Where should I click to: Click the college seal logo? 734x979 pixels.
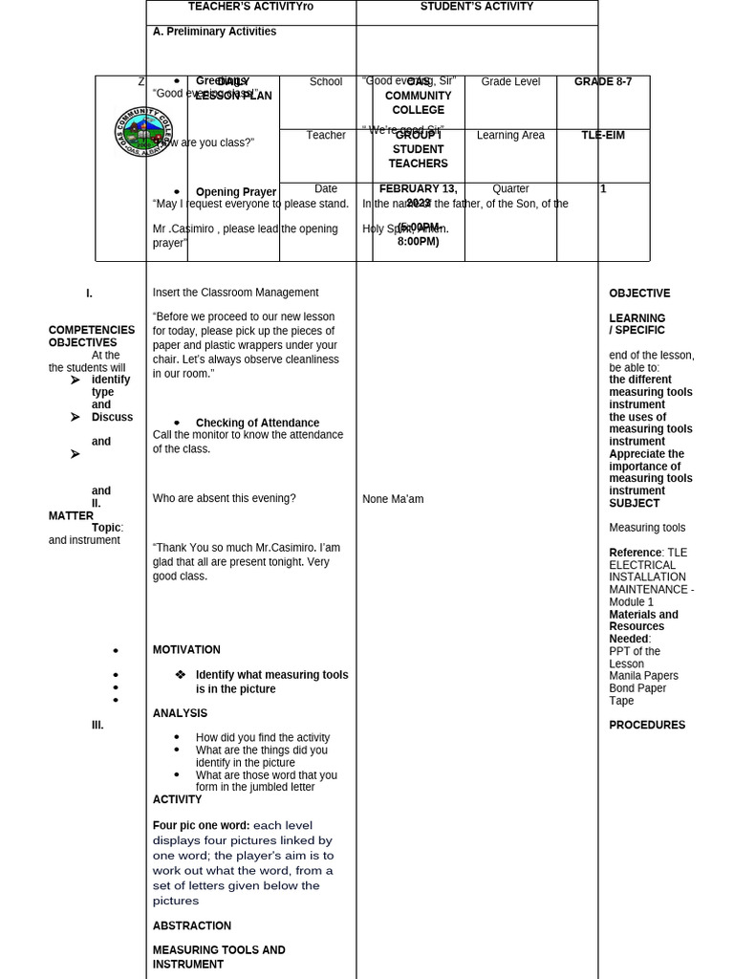pyautogui.click(x=143, y=135)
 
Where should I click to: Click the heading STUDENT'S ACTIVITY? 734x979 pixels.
pyautogui.click(x=477, y=7)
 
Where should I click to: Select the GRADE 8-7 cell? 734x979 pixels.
pyautogui.click(x=602, y=82)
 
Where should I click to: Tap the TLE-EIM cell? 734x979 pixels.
pyautogui.click(x=602, y=136)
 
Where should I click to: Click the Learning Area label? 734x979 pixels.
pyautogui.click(x=510, y=136)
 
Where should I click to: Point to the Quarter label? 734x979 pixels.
pyautogui.click(x=510, y=189)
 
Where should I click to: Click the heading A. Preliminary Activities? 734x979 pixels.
pyautogui.click(x=214, y=32)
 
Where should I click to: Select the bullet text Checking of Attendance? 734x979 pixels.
pyautogui.click(x=257, y=423)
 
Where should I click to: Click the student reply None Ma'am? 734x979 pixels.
pyautogui.click(x=392, y=499)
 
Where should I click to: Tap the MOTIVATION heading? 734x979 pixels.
pyautogui.click(x=186, y=650)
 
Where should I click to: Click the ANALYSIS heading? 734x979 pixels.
pyautogui.click(x=180, y=713)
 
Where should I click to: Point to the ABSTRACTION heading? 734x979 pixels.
pyautogui.click(x=191, y=925)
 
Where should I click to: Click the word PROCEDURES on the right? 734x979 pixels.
pyautogui.click(x=647, y=725)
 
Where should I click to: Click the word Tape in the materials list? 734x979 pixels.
pyautogui.click(x=621, y=701)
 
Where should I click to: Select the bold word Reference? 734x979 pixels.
pyautogui.click(x=635, y=553)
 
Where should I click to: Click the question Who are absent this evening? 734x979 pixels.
pyautogui.click(x=224, y=498)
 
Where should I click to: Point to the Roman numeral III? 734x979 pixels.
pyautogui.click(x=97, y=725)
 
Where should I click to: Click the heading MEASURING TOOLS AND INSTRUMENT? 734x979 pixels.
pyautogui.click(x=219, y=957)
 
